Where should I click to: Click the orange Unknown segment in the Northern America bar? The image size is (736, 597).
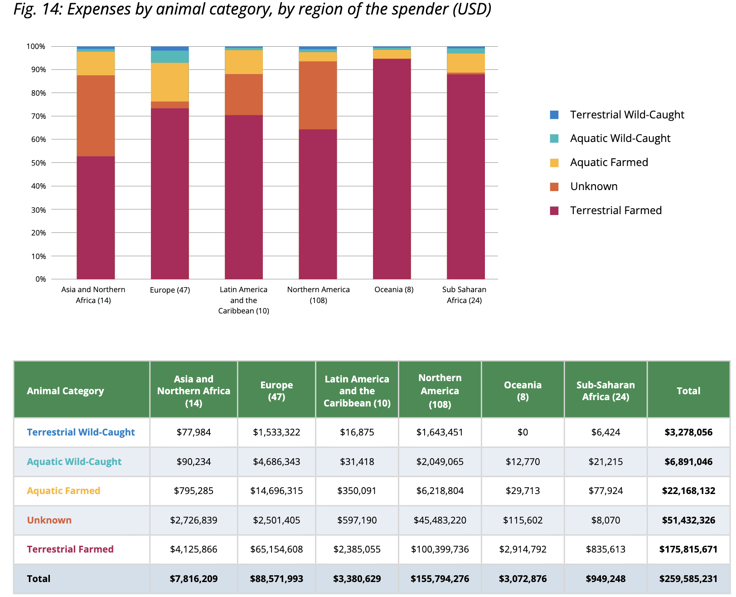point(318,95)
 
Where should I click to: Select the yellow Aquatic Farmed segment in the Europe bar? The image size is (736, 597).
point(169,82)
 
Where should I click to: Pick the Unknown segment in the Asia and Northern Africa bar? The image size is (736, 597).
point(96,116)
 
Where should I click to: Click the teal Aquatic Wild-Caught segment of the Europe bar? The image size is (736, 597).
point(169,57)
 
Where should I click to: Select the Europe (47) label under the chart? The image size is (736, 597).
point(170,290)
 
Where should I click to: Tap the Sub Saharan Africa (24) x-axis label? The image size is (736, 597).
point(464,295)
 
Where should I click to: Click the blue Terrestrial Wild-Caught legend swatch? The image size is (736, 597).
point(554,115)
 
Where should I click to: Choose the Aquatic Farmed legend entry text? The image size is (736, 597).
point(609,162)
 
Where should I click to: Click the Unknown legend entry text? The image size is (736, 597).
point(594,186)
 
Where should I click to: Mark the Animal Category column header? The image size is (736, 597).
point(65,391)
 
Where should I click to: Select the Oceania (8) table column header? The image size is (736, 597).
point(523,391)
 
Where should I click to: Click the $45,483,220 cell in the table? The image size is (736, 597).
point(440,520)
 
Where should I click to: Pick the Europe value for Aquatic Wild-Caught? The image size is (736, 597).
point(276,462)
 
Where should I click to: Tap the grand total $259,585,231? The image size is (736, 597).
point(688,579)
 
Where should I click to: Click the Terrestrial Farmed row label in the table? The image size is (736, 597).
point(70,549)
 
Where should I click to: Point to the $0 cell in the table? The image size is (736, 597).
point(523,432)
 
